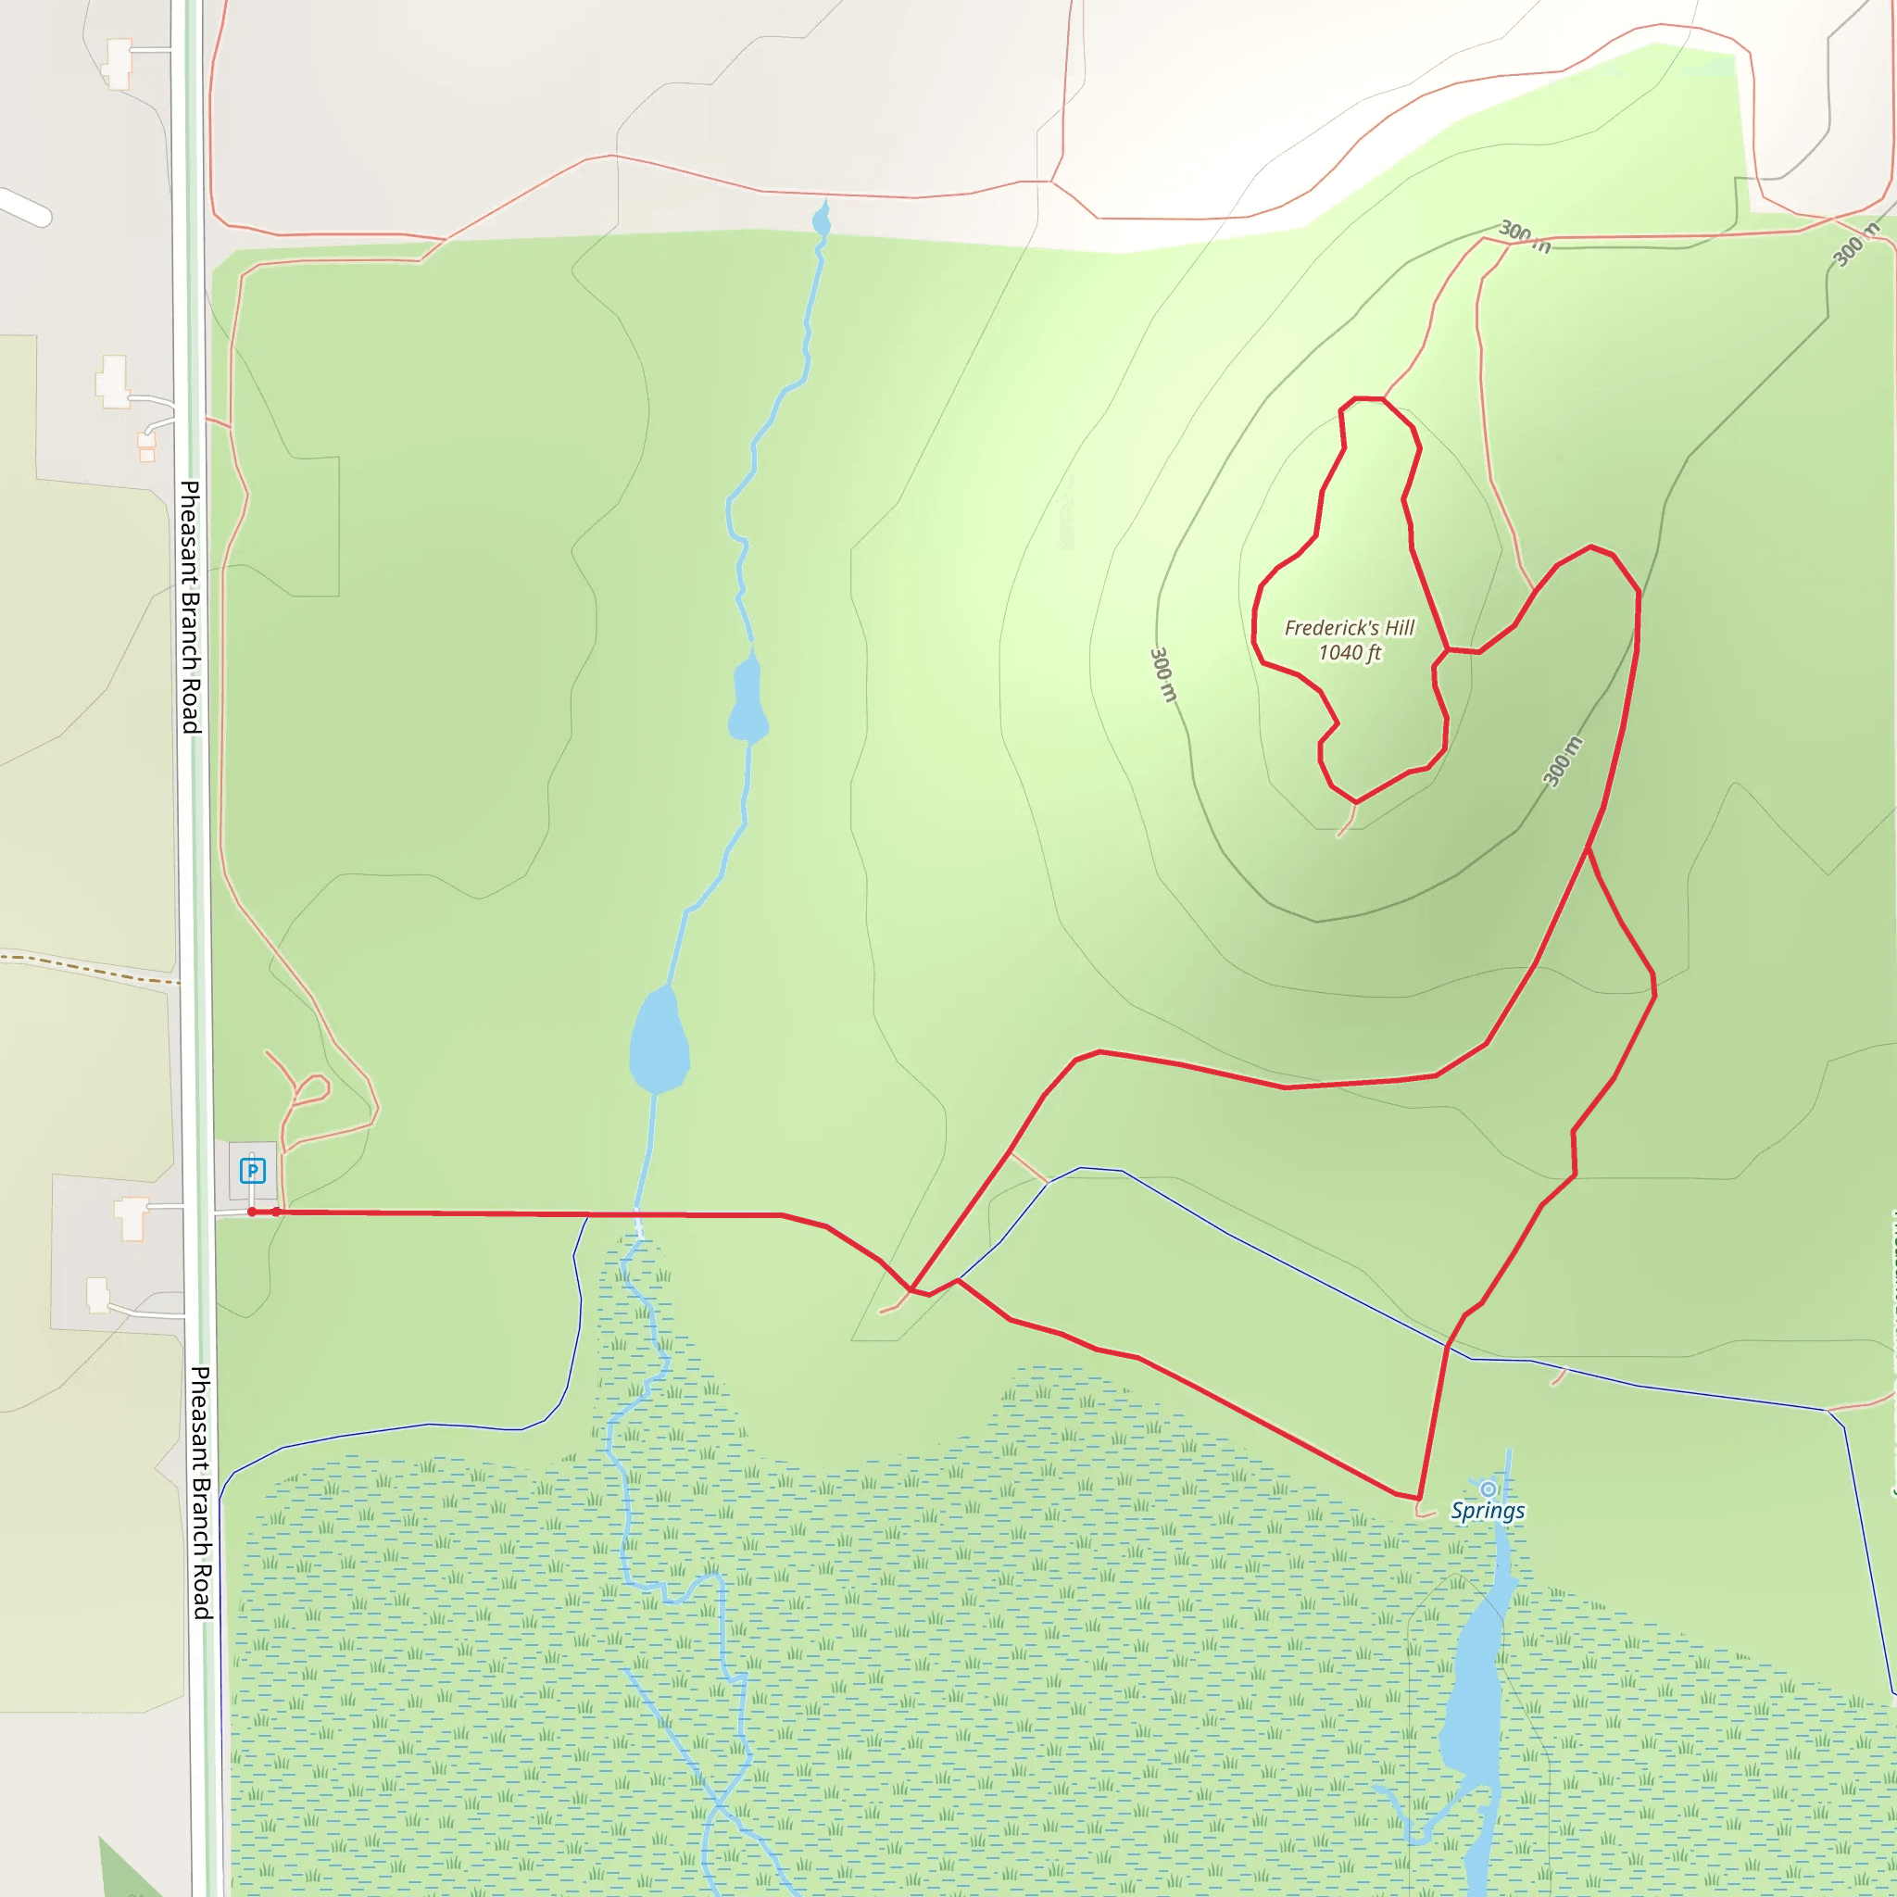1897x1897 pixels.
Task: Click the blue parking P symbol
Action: coord(252,1171)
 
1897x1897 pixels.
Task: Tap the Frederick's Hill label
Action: coord(1349,627)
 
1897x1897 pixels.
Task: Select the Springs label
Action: coord(1488,1511)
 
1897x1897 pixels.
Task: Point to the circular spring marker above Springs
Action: coord(1488,1489)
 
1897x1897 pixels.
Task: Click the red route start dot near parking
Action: coord(252,1212)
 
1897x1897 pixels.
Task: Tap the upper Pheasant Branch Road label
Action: coord(191,606)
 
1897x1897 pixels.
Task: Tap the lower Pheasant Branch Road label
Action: coord(200,1492)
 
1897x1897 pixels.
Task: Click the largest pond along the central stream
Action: coord(658,1041)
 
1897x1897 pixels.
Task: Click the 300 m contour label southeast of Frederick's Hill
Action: coord(1563,761)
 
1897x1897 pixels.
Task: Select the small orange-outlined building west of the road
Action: coord(147,447)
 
